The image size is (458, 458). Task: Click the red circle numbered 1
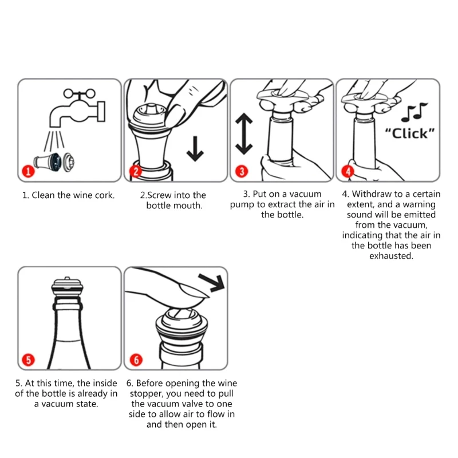(28, 171)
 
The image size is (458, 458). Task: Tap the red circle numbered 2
(136, 171)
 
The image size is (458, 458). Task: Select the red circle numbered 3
(242, 171)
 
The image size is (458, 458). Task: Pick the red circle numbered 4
(348, 171)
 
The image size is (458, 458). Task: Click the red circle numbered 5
(28, 360)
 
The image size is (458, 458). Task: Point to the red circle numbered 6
(136, 360)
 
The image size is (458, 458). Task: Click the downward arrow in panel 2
(195, 148)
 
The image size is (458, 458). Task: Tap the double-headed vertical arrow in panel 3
(244, 134)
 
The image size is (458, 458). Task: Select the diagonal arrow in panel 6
(212, 282)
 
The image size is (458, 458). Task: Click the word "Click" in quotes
(410, 133)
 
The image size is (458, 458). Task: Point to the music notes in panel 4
(414, 112)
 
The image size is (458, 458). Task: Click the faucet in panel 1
(77, 108)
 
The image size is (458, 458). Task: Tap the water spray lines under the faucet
(54, 141)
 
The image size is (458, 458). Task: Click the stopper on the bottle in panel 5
(67, 286)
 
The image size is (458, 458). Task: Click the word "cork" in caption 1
(104, 195)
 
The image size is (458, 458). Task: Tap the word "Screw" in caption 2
(160, 195)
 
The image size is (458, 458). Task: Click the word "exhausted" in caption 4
(391, 256)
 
